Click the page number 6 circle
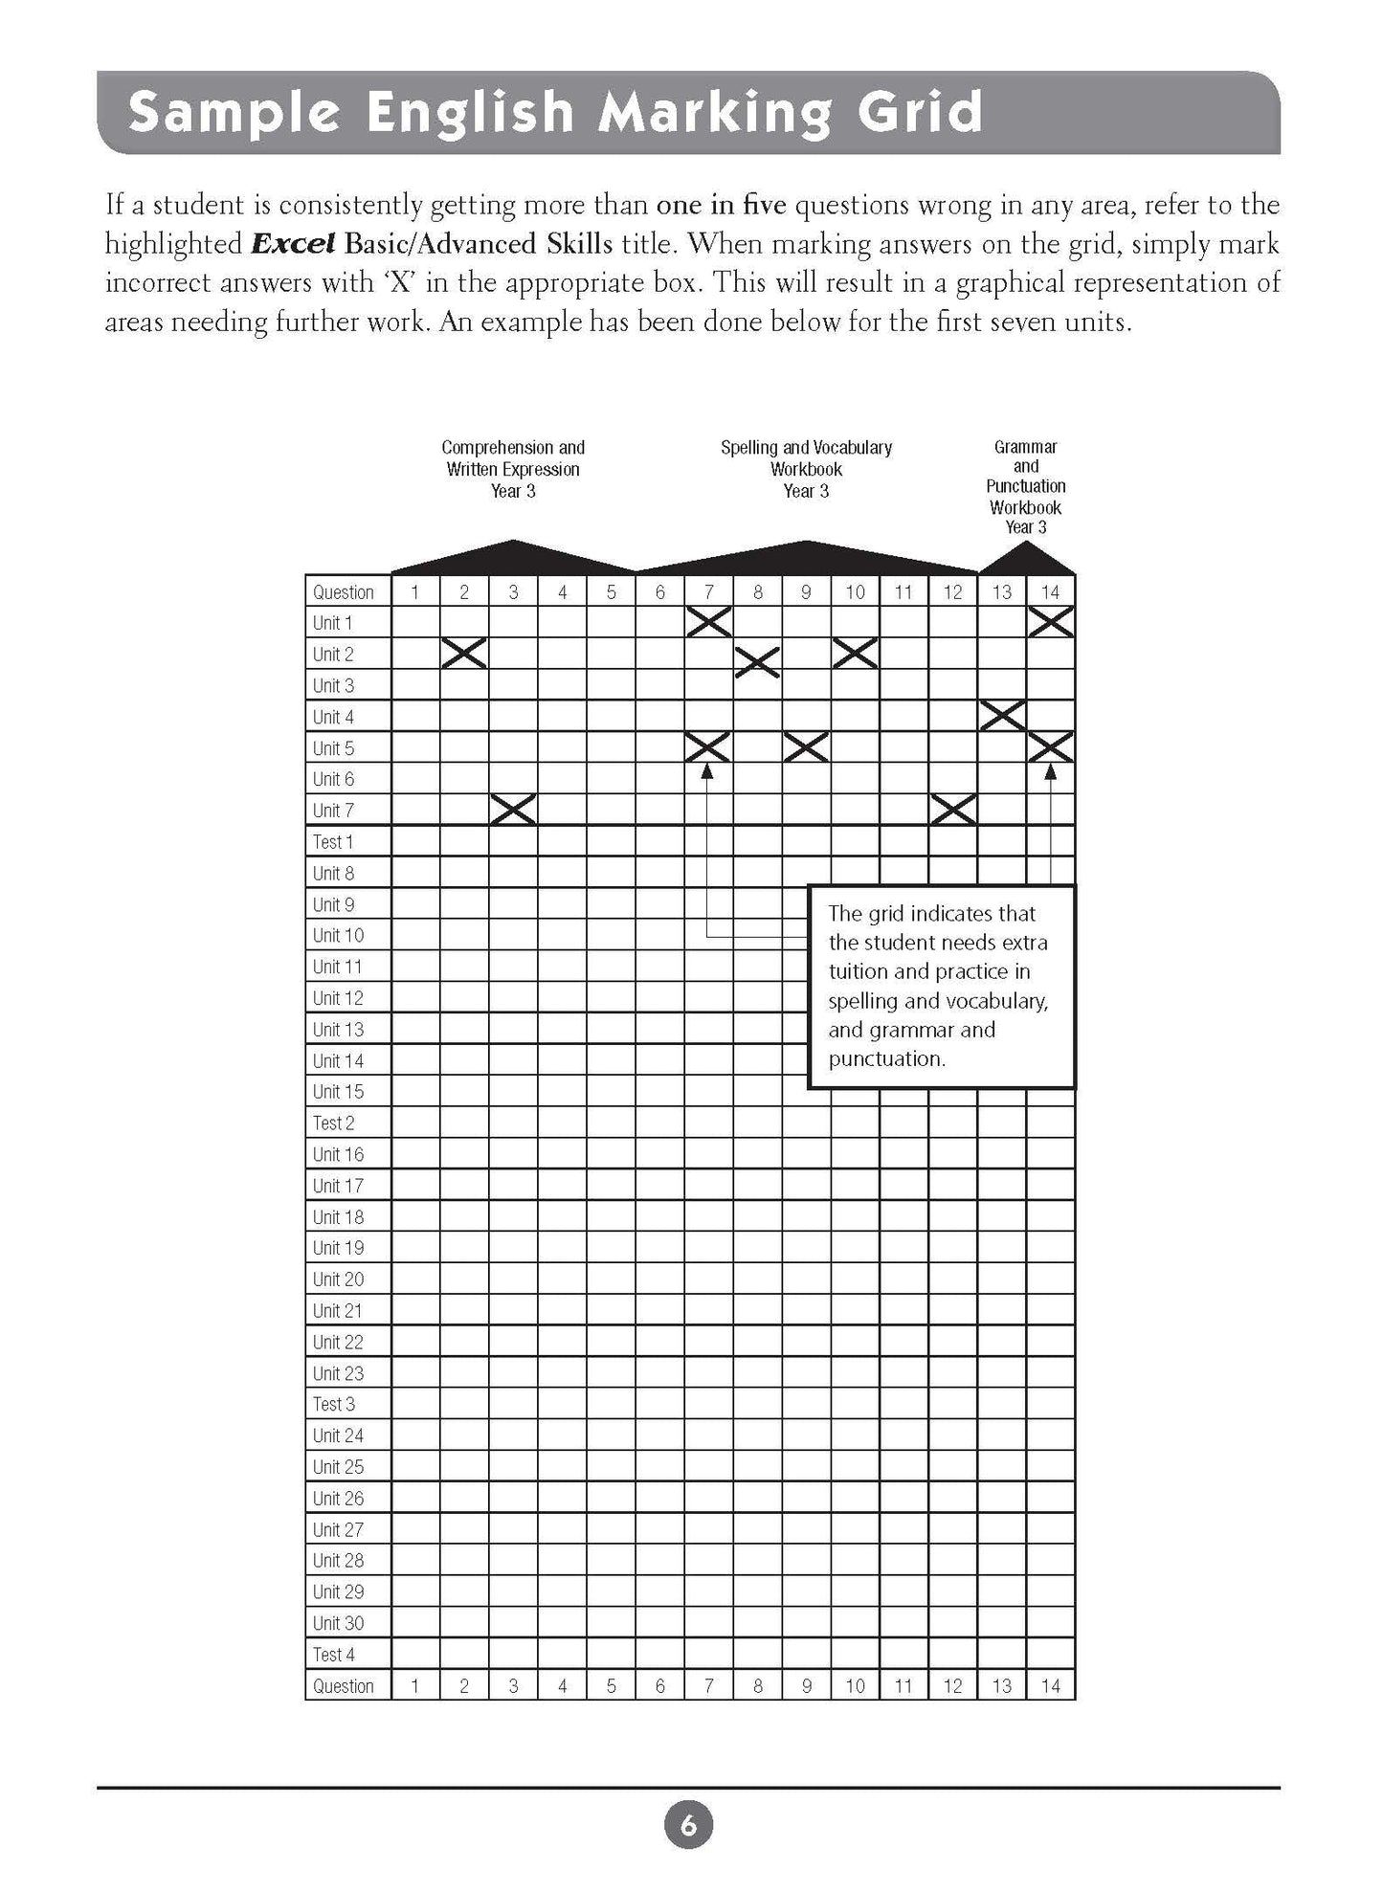tap(688, 1825)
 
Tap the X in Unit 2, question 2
tap(464, 654)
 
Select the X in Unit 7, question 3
tap(513, 810)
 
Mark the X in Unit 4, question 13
tap(1002, 716)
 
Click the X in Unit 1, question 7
tap(708, 622)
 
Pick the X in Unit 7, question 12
tap(952, 810)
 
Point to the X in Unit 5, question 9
tap(806, 747)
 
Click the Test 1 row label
tap(333, 842)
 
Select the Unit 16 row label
tap(338, 1154)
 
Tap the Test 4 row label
tap(333, 1655)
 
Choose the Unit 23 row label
tap(338, 1373)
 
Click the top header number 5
tap(611, 592)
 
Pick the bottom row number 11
tap(903, 1686)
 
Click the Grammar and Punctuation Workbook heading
tap(1025, 487)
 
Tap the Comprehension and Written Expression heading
tap(513, 469)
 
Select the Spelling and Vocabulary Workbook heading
tap(806, 469)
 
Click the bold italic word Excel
tap(292, 244)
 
